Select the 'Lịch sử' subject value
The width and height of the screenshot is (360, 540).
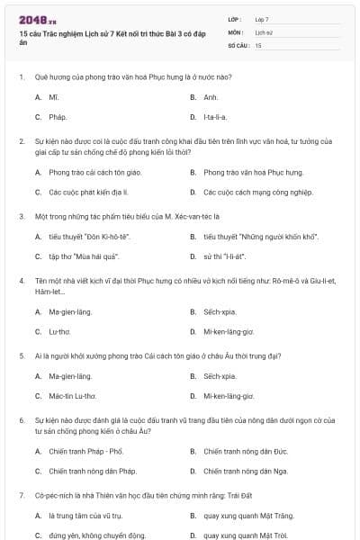[263, 31]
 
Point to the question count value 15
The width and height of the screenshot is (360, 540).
[258, 43]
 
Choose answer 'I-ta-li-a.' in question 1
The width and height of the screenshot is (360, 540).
[215, 117]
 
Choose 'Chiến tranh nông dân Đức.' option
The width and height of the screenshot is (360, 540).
[245, 450]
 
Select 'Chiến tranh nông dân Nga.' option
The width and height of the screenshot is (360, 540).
[245, 471]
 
